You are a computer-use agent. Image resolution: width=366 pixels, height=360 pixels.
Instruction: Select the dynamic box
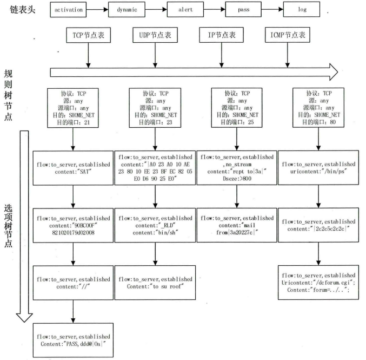(128, 9)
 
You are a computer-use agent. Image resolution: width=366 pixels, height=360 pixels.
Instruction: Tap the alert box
(187, 9)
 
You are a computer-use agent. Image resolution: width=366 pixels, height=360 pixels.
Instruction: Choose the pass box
(245, 9)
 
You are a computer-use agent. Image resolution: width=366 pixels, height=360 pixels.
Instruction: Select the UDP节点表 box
(155, 36)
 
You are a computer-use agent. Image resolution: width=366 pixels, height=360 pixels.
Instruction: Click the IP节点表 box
(222, 36)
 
